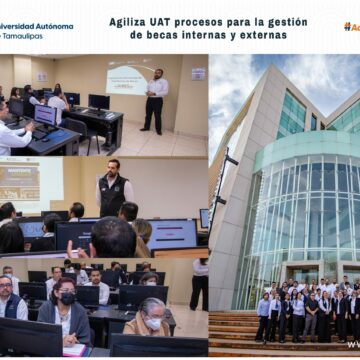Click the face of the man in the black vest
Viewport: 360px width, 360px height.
113,167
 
